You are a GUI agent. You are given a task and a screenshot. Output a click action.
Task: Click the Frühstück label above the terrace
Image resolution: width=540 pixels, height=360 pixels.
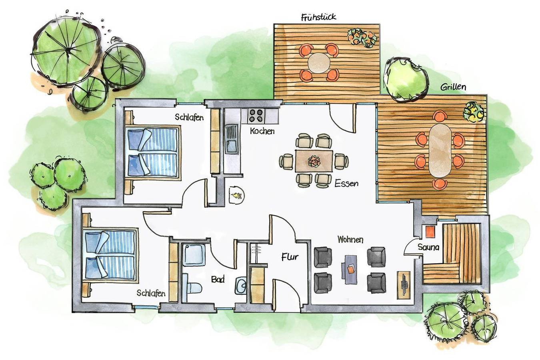click(x=318, y=17)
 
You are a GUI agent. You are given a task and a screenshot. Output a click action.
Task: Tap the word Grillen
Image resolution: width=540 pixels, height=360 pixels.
click(x=453, y=87)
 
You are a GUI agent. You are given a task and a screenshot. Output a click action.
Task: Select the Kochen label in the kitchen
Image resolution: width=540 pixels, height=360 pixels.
click(x=262, y=131)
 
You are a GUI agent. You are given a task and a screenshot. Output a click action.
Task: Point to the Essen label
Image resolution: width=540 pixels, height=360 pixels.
click(x=346, y=184)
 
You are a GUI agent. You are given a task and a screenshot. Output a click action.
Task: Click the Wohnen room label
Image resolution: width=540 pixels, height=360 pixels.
click(x=350, y=240)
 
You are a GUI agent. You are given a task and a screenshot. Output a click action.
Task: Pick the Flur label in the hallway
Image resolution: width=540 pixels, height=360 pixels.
click(x=290, y=257)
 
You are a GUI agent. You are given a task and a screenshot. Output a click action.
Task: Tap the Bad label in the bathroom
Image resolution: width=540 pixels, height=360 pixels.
click(x=218, y=279)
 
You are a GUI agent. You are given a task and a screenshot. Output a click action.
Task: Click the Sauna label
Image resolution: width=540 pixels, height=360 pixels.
click(x=428, y=247)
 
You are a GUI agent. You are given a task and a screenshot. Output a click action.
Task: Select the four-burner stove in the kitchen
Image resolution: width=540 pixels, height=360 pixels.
click(x=256, y=116)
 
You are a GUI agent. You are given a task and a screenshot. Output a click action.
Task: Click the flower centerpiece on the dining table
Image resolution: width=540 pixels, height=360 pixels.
click(x=314, y=161)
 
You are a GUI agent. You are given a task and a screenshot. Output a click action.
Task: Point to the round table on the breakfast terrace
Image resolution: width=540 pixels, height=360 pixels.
click(x=319, y=62)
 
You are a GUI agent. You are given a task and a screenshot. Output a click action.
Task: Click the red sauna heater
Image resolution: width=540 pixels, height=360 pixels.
click(x=430, y=232)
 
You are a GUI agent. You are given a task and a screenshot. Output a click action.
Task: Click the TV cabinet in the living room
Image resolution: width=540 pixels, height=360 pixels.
click(x=403, y=284)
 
